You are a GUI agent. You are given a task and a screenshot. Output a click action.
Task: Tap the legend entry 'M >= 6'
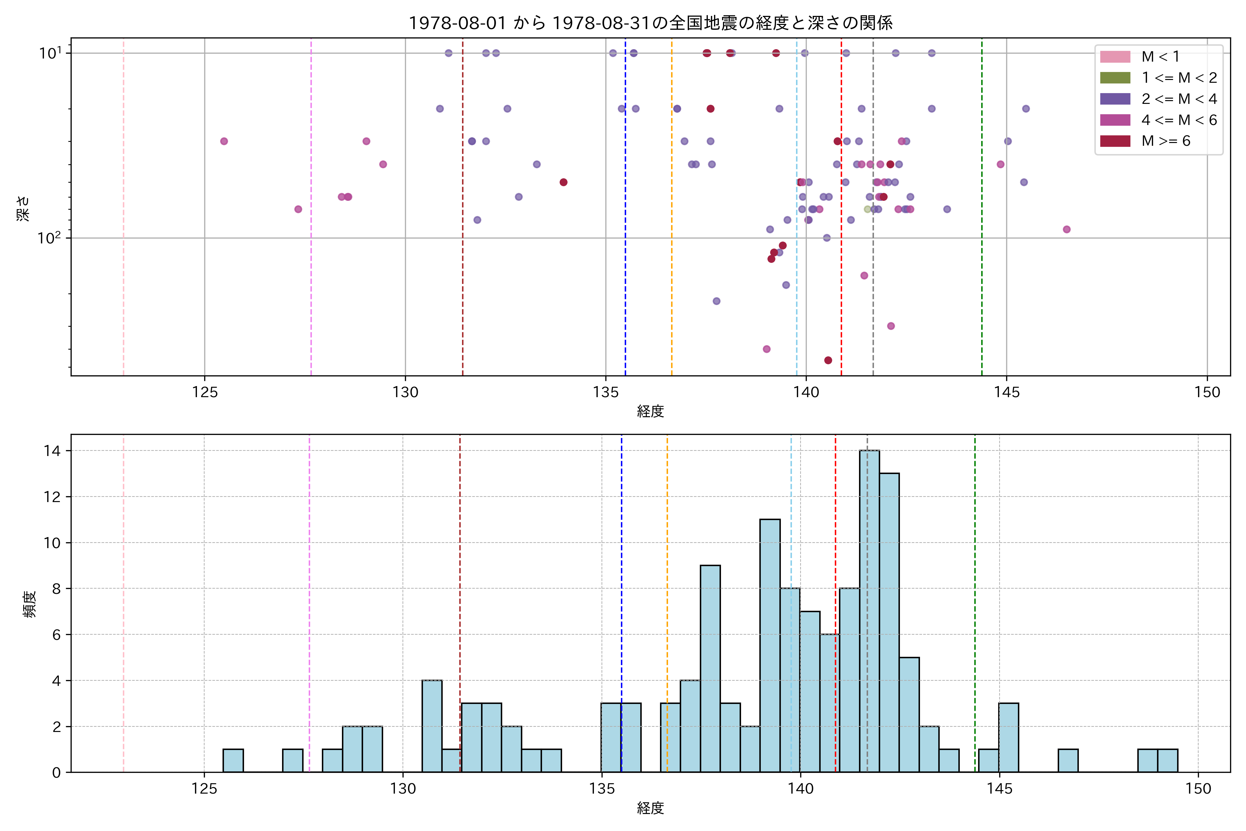coord(1165,141)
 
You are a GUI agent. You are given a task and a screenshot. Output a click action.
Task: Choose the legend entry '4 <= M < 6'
coord(1179,120)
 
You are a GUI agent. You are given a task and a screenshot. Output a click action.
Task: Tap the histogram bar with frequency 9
coord(710,669)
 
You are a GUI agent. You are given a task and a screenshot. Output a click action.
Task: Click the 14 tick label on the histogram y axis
coord(53,451)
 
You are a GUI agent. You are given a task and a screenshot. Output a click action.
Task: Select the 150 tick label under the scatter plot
coord(1207,393)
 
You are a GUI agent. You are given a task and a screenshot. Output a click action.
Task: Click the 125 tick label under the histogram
coord(205,789)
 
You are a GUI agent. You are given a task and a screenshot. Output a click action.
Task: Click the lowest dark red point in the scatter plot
coord(828,360)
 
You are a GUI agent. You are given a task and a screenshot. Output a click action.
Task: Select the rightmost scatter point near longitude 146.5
coord(1066,230)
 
